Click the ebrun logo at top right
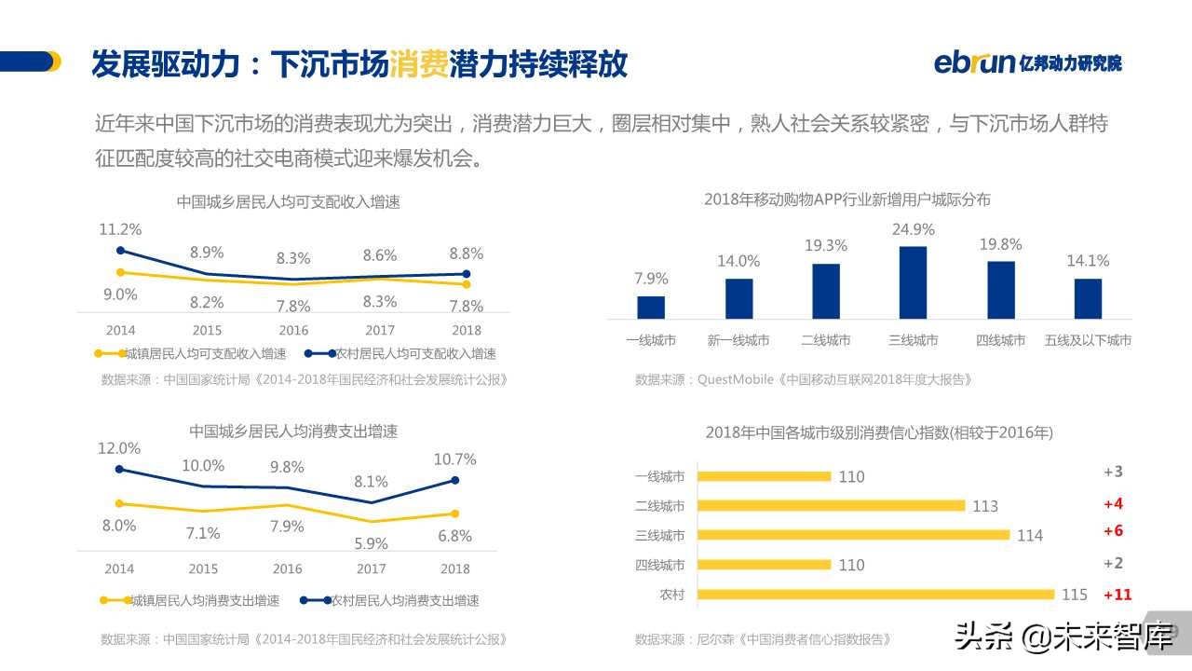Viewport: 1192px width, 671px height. tap(1027, 62)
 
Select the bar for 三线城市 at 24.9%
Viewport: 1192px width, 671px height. tap(913, 283)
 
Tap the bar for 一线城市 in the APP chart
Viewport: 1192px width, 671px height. tap(651, 308)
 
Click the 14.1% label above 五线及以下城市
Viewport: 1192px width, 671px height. tap(1088, 261)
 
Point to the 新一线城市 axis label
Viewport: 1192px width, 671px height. tap(738, 340)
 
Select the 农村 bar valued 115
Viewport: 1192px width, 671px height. tap(875, 595)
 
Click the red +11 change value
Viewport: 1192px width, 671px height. tap(1117, 595)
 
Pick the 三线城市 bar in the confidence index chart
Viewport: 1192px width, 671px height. tap(852, 535)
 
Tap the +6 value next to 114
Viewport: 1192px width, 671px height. tap(1113, 530)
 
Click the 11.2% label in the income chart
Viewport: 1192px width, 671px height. tap(120, 229)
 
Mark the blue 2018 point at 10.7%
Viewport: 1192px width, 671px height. tap(454, 480)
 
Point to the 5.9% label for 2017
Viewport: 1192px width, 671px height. tap(371, 543)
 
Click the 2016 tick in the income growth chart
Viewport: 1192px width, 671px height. tap(293, 330)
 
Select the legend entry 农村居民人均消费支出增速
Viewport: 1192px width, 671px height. tap(405, 601)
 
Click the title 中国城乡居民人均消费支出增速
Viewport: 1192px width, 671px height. tap(293, 431)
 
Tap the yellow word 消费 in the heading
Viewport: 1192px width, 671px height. tap(418, 64)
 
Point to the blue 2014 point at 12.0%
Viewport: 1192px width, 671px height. tap(119, 470)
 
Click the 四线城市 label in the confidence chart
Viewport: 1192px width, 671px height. tap(659, 565)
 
